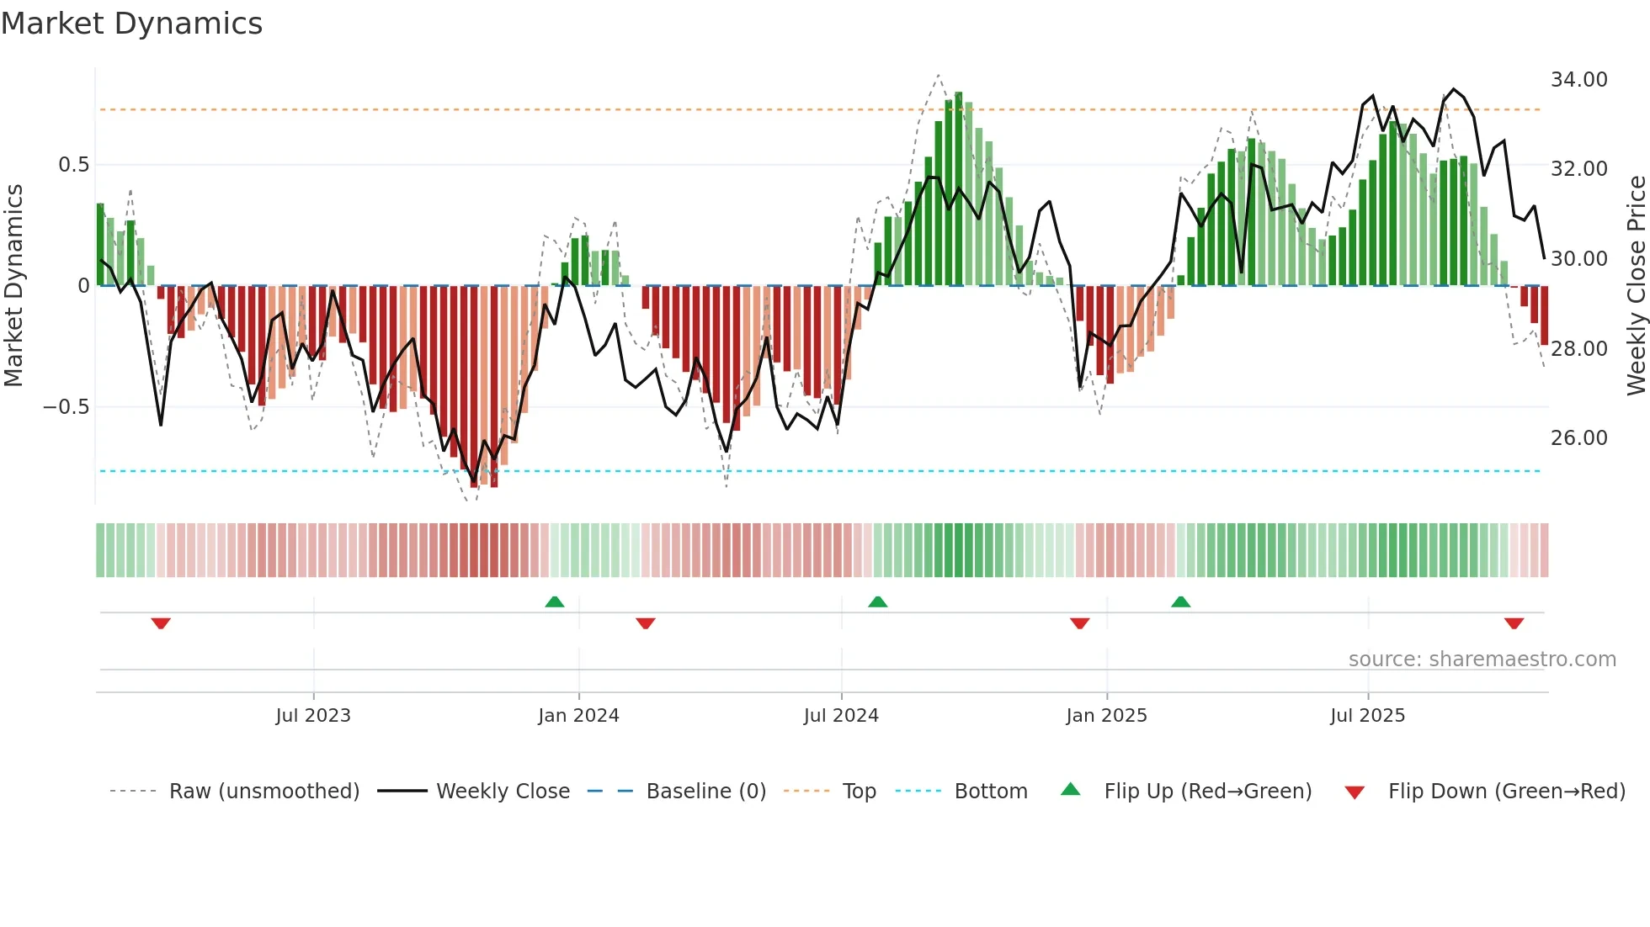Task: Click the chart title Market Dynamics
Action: (132, 24)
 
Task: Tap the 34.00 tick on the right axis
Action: (1578, 80)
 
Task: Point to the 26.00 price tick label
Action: (1578, 438)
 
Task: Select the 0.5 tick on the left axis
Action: (73, 165)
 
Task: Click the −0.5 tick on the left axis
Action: (67, 407)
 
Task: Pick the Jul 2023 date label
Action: (313, 716)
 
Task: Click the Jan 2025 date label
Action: (1106, 716)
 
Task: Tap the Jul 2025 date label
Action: (1367, 716)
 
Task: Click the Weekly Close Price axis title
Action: (1636, 286)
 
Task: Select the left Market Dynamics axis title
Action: (13, 286)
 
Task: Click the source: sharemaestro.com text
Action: (1482, 659)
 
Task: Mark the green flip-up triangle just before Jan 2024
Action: (554, 601)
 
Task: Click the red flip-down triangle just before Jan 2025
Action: (1079, 623)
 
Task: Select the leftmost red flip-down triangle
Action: (161, 623)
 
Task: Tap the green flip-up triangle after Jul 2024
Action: (877, 601)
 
